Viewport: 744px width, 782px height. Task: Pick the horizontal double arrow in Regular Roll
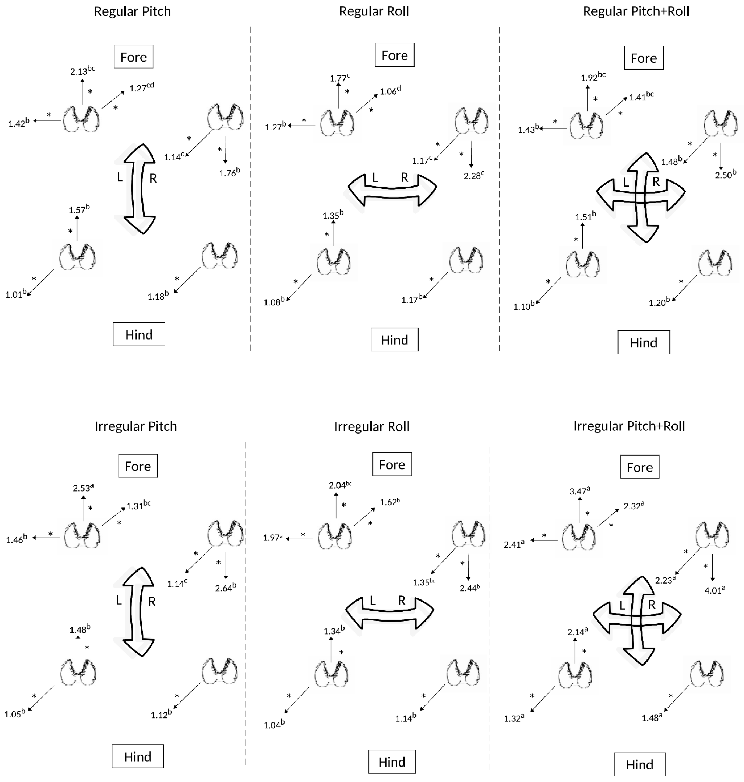click(x=392, y=189)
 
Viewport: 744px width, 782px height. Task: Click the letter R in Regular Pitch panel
click(x=153, y=179)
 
